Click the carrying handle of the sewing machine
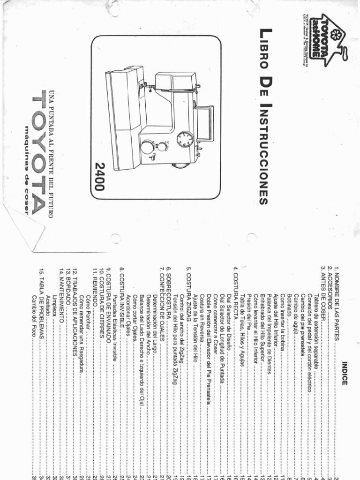[206, 123]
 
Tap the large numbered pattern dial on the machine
[185, 139]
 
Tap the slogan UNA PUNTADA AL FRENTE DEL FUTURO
[52, 154]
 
